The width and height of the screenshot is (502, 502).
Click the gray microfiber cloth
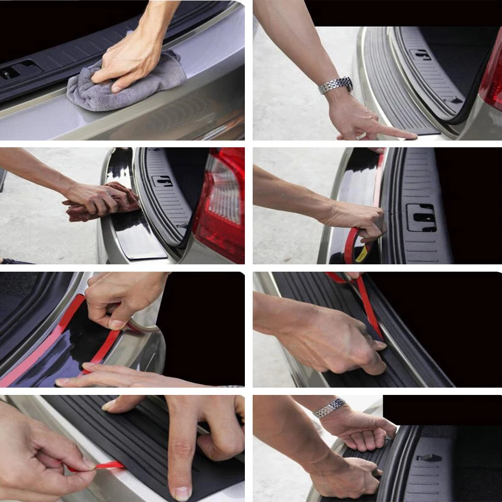coord(120,89)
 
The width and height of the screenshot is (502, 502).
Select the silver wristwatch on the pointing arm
coord(335,85)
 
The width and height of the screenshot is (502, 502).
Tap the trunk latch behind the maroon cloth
coord(163,181)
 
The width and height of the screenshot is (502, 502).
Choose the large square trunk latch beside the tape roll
coord(421,217)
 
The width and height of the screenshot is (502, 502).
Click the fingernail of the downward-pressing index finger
coord(181,493)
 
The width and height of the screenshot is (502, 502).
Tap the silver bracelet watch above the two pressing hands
coord(329,408)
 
